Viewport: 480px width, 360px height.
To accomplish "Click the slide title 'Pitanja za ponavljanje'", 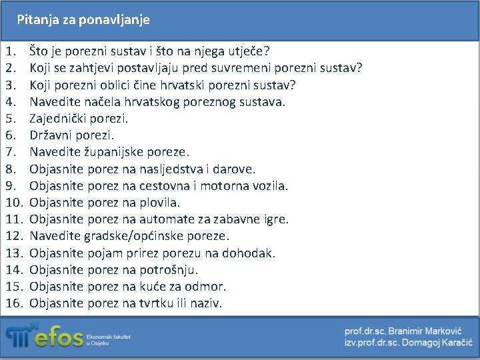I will pos(83,20).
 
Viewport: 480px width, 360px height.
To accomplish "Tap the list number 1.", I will pos(11,51).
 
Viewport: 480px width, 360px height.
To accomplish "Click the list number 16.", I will pos(14,303).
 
